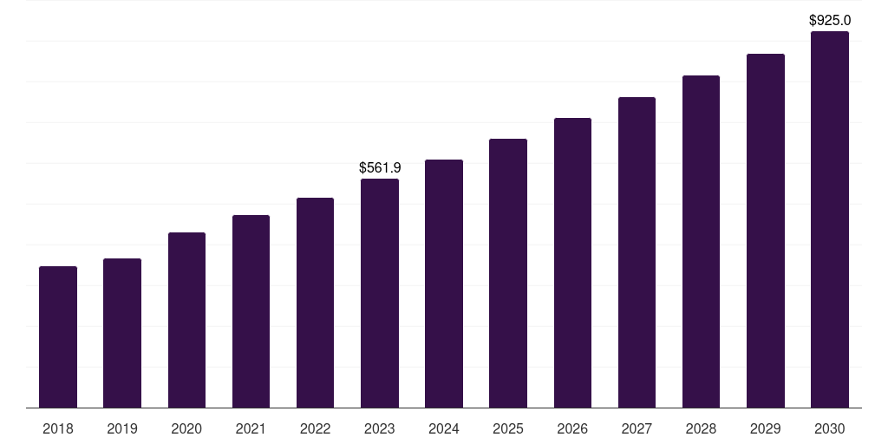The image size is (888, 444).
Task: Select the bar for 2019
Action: pyautogui.click(x=122, y=333)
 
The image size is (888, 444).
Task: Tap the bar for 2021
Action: pyautogui.click(x=251, y=311)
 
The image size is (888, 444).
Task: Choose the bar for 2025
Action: pyautogui.click(x=508, y=273)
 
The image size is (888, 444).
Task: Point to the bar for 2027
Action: pyautogui.click(x=637, y=252)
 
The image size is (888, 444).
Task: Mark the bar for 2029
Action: pyautogui.click(x=766, y=231)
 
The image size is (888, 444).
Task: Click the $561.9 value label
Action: pyautogui.click(x=380, y=167)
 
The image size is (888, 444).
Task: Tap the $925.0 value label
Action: pyautogui.click(x=830, y=20)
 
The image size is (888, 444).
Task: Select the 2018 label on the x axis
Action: pyautogui.click(x=58, y=428)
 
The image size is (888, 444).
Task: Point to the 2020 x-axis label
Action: pyautogui.click(x=186, y=428)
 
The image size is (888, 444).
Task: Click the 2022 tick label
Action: pyautogui.click(x=315, y=428)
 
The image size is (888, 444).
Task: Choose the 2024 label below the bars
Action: pyautogui.click(x=444, y=428)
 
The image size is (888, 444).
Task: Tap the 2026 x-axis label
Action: pyautogui.click(x=572, y=428)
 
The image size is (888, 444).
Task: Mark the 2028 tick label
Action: pyautogui.click(x=701, y=428)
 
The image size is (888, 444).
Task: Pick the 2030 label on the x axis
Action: pyautogui.click(x=830, y=428)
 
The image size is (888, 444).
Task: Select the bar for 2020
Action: pyautogui.click(x=186, y=320)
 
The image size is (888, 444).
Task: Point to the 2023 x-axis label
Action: pyautogui.click(x=380, y=428)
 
